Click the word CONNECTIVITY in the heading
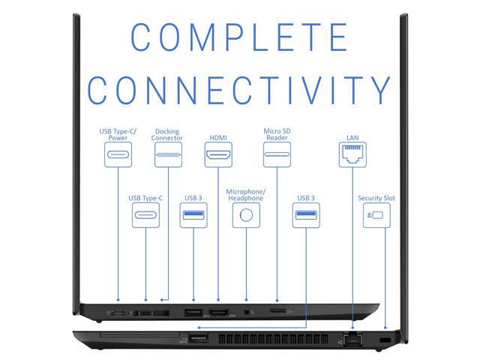pos(239,90)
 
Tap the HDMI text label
pos(218,138)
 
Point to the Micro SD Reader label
pos(277,134)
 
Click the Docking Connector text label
pos(167,134)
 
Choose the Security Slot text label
pos(376,198)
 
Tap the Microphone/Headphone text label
pos(245,195)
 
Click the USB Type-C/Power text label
pos(118,134)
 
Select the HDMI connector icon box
pos(218,155)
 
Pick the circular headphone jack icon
pos(245,216)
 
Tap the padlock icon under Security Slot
pos(376,216)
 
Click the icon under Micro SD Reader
pos(277,155)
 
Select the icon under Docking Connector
pos(168,155)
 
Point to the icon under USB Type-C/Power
pos(118,155)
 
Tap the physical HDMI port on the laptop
pos(218,312)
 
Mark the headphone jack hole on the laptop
pos(246,312)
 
